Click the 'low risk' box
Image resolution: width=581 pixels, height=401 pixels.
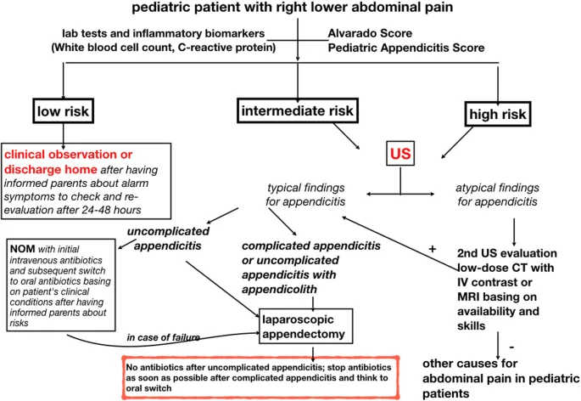[x=64, y=111]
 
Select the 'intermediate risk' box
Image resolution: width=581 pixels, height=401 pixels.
[x=298, y=110]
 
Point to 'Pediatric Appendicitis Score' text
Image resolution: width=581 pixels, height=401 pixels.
[x=406, y=48]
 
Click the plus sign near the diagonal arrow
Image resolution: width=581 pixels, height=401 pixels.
[x=433, y=248]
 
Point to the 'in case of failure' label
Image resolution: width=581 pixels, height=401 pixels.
[x=164, y=338]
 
